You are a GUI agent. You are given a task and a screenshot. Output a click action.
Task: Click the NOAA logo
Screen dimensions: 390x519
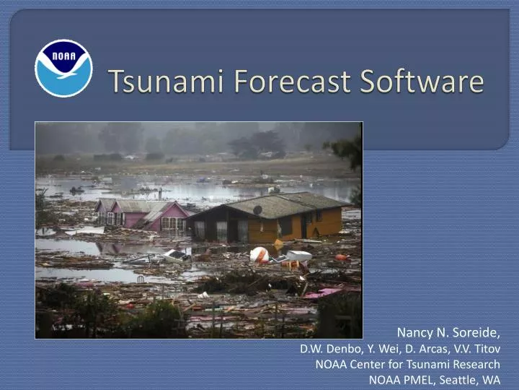63,69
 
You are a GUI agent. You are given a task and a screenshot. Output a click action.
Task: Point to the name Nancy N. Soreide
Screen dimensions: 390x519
448,333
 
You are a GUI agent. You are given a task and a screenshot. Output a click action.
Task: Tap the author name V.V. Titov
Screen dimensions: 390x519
476,349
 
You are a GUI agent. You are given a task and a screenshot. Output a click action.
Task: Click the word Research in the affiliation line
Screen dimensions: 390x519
475,364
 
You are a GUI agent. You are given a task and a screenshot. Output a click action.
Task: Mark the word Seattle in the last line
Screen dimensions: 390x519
459,379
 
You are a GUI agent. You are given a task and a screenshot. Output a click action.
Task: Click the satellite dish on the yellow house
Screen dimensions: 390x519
257,210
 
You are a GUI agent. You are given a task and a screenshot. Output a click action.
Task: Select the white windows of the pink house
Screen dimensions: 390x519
174,224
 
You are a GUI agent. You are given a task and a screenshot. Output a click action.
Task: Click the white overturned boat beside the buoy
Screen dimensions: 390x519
298,256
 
